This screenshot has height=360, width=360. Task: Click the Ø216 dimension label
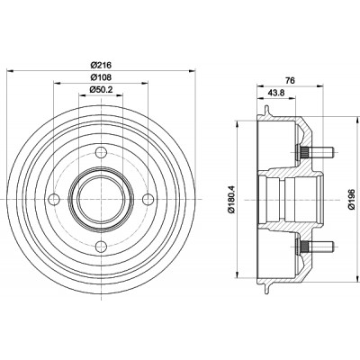(x=101, y=65)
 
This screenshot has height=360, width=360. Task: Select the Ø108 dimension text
(x=101, y=77)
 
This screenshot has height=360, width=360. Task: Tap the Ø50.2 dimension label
(x=101, y=90)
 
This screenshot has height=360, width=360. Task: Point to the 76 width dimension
(x=290, y=80)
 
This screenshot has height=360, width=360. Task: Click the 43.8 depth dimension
(x=276, y=93)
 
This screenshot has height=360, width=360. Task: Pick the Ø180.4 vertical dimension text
(x=230, y=200)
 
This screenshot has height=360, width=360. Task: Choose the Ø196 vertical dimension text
(x=352, y=200)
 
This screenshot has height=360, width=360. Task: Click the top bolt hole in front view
(x=101, y=152)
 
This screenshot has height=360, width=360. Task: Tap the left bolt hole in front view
(x=54, y=199)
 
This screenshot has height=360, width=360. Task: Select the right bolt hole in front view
(x=148, y=199)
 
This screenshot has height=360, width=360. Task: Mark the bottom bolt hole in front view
(x=101, y=247)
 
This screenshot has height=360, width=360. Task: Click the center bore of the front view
(x=101, y=199)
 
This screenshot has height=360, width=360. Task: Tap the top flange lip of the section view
(x=265, y=111)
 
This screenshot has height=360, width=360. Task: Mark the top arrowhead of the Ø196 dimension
(x=358, y=119)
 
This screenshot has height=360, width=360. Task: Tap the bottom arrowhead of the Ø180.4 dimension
(x=238, y=274)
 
